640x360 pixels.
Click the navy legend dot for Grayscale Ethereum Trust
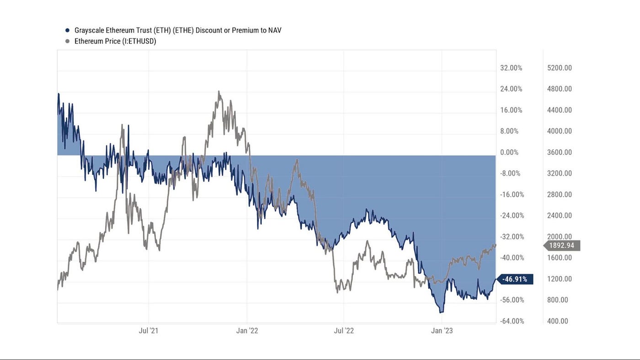(67, 31)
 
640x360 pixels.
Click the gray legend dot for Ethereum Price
(67, 41)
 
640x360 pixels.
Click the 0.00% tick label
(510, 152)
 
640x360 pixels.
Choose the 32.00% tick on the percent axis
(511, 68)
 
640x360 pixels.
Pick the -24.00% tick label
(511, 216)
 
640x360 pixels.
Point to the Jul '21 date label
(149, 331)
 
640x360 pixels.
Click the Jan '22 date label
(247, 331)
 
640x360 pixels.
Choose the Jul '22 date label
(344, 331)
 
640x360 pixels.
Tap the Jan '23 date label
(442, 331)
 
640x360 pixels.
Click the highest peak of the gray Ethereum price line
(219, 91)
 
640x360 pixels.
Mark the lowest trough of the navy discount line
(441, 312)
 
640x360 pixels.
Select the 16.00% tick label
(511, 110)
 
